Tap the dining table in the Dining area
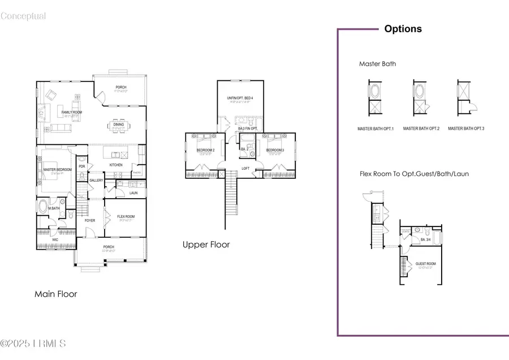(x=118, y=125)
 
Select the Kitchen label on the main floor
(x=116, y=165)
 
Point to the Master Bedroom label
(x=57, y=169)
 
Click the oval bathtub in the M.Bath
(x=43, y=206)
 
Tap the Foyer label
(x=90, y=221)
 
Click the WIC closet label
(x=55, y=239)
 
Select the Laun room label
(x=133, y=193)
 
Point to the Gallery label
(x=96, y=181)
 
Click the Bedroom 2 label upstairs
(x=205, y=150)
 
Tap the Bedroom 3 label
(x=274, y=150)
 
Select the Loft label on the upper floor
(x=245, y=168)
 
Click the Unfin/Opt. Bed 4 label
(x=240, y=98)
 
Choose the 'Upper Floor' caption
(x=206, y=245)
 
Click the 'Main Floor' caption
(x=55, y=294)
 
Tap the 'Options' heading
(x=403, y=29)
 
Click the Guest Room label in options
(x=425, y=264)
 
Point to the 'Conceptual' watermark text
(x=23, y=16)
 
